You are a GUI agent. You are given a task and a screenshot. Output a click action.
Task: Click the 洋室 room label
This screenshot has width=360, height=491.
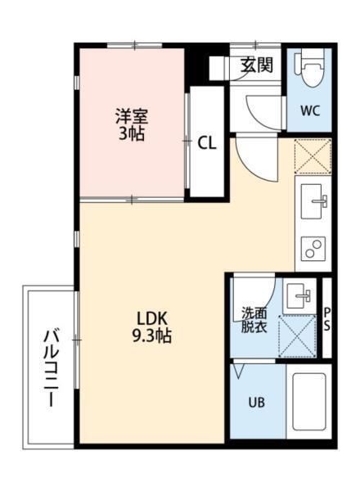(131, 117)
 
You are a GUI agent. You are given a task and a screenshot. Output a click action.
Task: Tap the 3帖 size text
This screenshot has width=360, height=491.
(131, 133)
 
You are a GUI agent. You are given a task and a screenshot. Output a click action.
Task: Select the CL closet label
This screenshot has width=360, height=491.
(207, 142)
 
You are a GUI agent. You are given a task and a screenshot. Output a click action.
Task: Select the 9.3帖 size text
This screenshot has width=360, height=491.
(152, 336)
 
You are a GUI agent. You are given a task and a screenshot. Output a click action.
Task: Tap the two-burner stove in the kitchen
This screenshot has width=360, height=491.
(313, 247)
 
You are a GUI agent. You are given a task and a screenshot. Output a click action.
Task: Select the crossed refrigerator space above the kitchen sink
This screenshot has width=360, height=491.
(313, 155)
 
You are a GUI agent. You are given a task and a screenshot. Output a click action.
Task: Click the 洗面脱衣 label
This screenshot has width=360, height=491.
(253, 320)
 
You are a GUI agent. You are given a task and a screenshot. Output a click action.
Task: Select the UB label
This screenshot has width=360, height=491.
(256, 403)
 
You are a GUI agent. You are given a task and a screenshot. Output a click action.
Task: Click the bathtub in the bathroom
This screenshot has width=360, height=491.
(309, 404)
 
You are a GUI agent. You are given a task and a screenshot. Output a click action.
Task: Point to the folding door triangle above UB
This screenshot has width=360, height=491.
(239, 371)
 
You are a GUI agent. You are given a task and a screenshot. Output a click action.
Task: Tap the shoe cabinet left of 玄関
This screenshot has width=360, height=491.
(218, 67)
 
